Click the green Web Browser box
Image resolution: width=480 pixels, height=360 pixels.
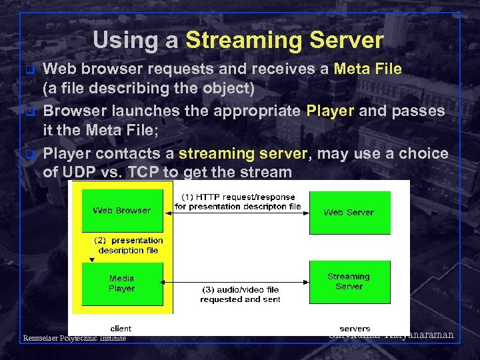[x=121, y=211]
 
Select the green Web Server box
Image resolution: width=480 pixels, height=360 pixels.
[x=348, y=212]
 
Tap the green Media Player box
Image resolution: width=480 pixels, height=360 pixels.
[x=121, y=283]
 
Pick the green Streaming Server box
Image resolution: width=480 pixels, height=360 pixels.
[x=348, y=281]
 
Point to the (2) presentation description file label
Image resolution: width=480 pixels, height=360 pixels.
[x=129, y=245]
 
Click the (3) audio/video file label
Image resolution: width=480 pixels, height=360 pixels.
[x=240, y=295]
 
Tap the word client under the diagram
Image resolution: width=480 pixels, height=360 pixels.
[x=121, y=328]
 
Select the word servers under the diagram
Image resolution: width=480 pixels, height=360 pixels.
[x=355, y=328]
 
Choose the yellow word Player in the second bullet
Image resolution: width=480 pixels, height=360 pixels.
[x=330, y=111]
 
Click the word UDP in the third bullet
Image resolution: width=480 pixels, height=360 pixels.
[x=82, y=172]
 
